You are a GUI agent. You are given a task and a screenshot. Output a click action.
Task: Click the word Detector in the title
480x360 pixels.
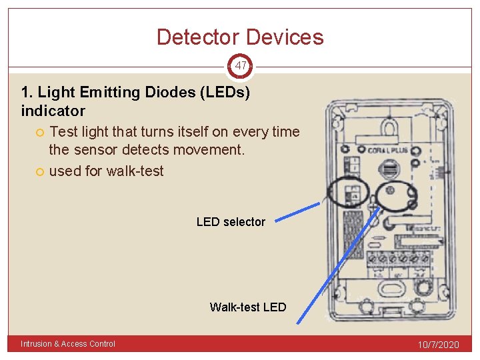pos(198,37)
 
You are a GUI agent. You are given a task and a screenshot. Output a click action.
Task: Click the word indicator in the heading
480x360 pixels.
pos(53,111)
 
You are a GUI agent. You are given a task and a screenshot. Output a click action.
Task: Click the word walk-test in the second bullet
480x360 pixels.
pos(135,171)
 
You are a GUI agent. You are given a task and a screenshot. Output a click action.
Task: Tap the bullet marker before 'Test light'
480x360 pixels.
pos(41,132)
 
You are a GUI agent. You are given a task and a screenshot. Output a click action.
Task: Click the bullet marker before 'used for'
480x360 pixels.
pos(41,171)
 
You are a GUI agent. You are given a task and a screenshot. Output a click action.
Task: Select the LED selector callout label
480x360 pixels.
pos(231,222)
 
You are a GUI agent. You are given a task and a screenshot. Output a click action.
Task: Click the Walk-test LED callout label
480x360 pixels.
pos(248,307)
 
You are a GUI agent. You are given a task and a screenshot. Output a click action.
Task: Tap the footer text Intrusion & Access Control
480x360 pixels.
pos(68,344)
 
